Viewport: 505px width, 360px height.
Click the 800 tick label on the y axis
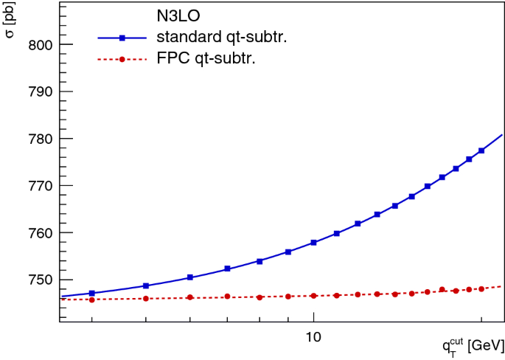[x=39, y=44]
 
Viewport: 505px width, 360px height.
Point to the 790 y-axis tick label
[x=39, y=91]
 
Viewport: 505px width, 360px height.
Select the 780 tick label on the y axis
[x=39, y=139]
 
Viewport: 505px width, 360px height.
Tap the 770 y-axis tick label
[x=39, y=186]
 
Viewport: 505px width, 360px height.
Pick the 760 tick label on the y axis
[x=39, y=233]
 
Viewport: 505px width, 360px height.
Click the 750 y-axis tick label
[x=39, y=280]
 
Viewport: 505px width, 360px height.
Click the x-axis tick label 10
[x=313, y=337]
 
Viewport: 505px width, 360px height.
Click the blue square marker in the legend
[x=122, y=39]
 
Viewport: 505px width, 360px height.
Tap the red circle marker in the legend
[x=122, y=60]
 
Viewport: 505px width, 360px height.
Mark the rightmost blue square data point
[x=481, y=150]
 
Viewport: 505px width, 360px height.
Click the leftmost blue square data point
[x=91, y=294]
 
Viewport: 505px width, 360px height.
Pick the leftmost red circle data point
[x=91, y=300]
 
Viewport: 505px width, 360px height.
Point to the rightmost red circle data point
[x=481, y=288]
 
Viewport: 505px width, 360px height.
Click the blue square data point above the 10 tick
[x=313, y=243]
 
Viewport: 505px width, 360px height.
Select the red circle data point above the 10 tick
[x=313, y=296]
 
